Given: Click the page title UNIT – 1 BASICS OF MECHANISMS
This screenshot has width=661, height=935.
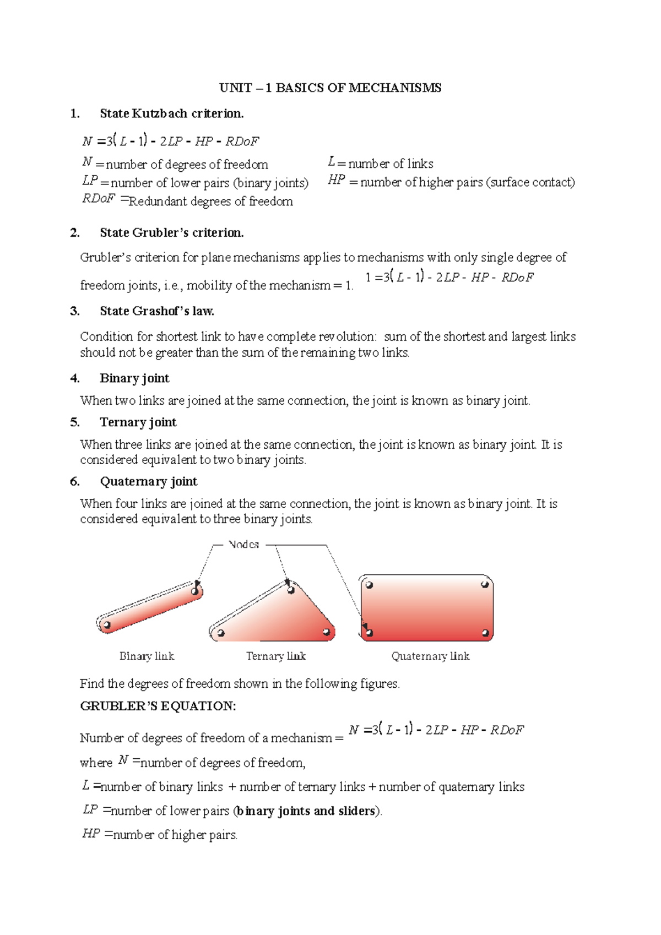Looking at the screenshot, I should [x=330, y=88].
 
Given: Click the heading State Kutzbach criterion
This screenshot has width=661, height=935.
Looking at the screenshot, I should [x=171, y=113].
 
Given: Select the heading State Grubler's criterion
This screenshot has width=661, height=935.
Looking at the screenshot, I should [x=171, y=232].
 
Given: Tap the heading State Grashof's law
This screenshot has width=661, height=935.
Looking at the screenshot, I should [x=157, y=311].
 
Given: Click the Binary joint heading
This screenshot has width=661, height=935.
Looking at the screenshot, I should [x=134, y=378].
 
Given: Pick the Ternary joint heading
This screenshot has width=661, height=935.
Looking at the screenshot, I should [x=138, y=422].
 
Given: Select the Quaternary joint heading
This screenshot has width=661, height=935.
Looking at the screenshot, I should [x=148, y=481].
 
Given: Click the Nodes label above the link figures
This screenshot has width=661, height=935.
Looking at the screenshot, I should [x=243, y=545].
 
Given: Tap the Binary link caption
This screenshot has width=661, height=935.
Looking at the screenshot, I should [x=147, y=656].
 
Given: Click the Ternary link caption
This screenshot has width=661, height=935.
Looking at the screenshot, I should [x=275, y=656].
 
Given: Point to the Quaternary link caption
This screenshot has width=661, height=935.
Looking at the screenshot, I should [x=430, y=656].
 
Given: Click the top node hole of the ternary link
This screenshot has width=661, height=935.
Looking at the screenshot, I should [x=291, y=590].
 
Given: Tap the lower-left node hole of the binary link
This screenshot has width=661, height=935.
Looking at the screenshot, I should [x=107, y=625].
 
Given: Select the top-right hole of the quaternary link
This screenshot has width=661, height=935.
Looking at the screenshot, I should [x=485, y=585].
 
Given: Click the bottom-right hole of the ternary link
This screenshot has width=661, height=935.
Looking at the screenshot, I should [x=326, y=632].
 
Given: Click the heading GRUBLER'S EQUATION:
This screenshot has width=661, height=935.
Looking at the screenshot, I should [x=158, y=706].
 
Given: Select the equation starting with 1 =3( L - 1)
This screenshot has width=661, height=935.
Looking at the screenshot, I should [x=449, y=277].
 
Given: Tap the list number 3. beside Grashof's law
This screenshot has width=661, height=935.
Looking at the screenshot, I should [x=75, y=311].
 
